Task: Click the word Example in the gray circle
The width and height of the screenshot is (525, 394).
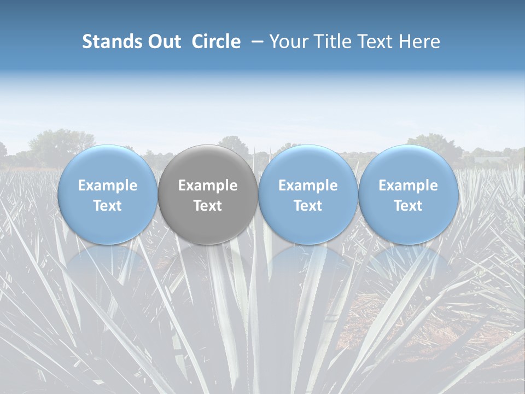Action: pyautogui.click(x=208, y=186)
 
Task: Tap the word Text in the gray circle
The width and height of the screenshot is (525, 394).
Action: pyautogui.click(x=208, y=206)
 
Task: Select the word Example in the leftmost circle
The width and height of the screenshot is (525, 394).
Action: pyautogui.click(x=108, y=186)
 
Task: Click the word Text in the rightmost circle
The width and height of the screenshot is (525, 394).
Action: pyautogui.click(x=408, y=206)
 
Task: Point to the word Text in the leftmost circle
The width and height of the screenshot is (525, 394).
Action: pyautogui.click(x=108, y=206)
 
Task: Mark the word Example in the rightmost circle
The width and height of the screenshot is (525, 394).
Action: pyautogui.click(x=408, y=186)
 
